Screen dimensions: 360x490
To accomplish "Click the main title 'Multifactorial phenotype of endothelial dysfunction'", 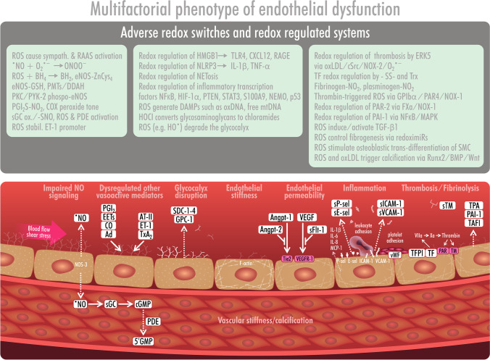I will click(x=244, y=10).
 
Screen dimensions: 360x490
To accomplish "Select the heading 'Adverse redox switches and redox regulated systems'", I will click(x=244, y=33).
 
